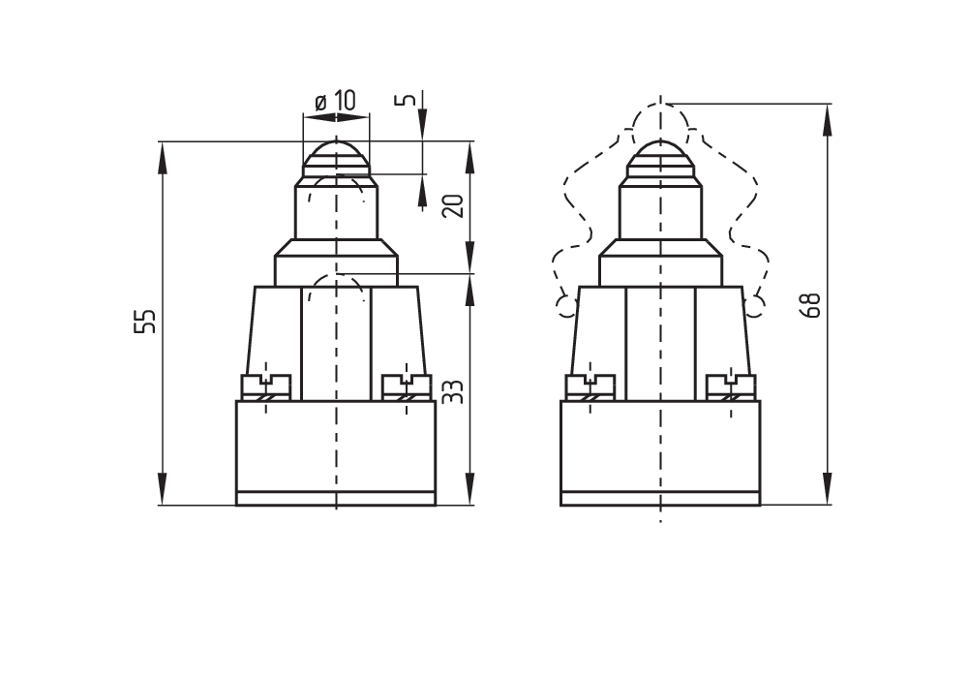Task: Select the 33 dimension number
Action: pyautogui.click(x=453, y=391)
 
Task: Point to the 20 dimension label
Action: pyautogui.click(x=453, y=205)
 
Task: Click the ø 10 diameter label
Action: pyautogui.click(x=335, y=100)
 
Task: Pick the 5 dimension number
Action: pyautogui.click(x=405, y=99)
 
